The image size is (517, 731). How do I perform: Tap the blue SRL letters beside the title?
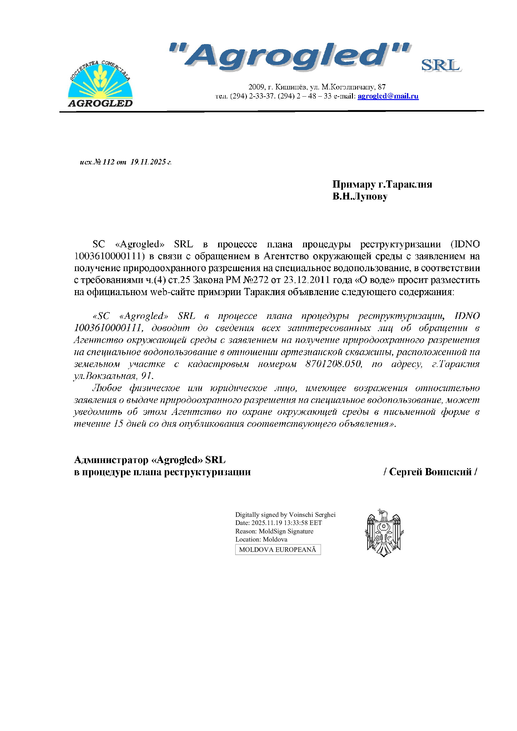point(441,66)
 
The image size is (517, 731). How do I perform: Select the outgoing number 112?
point(108,162)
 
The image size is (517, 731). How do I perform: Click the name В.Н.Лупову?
point(360,196)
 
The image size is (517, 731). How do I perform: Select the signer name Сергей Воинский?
point(430,472)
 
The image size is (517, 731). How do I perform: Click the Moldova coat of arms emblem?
point(384,533)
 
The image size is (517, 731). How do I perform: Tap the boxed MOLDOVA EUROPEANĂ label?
point(278,550)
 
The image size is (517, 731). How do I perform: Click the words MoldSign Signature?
point(286,532)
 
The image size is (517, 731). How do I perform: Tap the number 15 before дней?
point(118,424)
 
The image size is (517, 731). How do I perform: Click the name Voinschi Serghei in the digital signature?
point(312,515)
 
